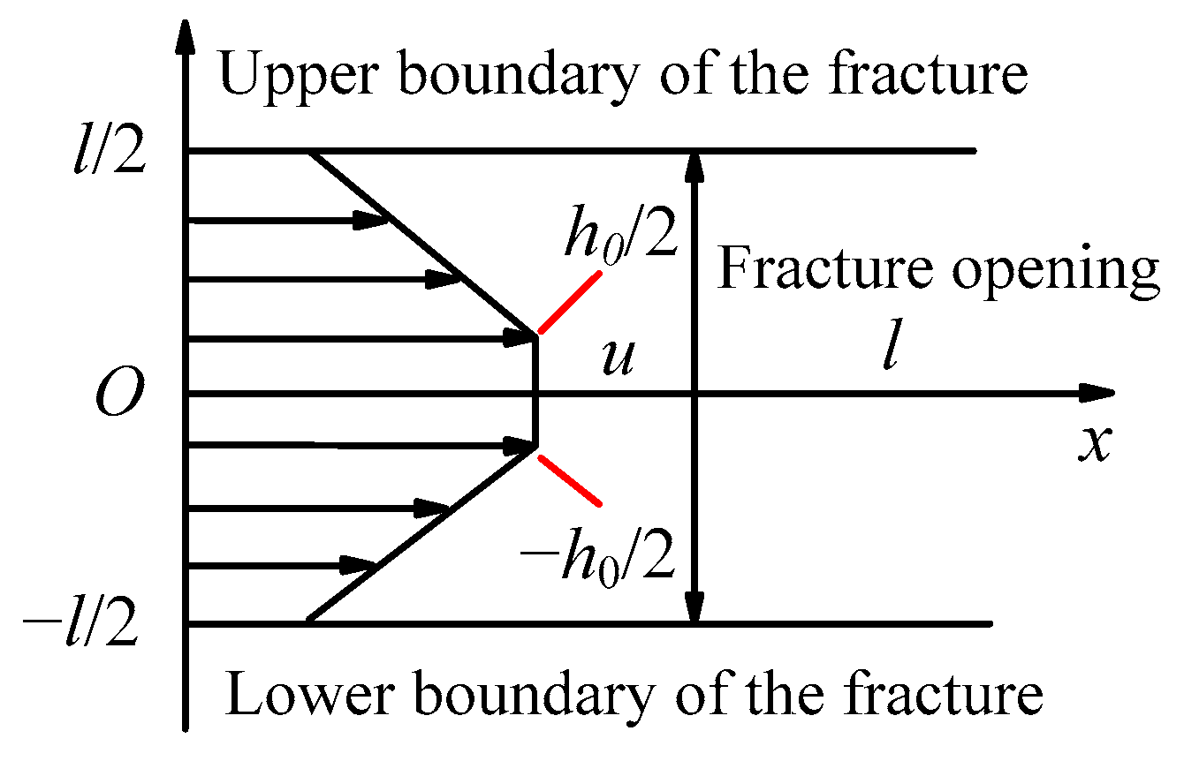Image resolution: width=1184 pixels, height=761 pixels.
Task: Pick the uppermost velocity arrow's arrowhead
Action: pyautogui.click(x=371, y=220)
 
